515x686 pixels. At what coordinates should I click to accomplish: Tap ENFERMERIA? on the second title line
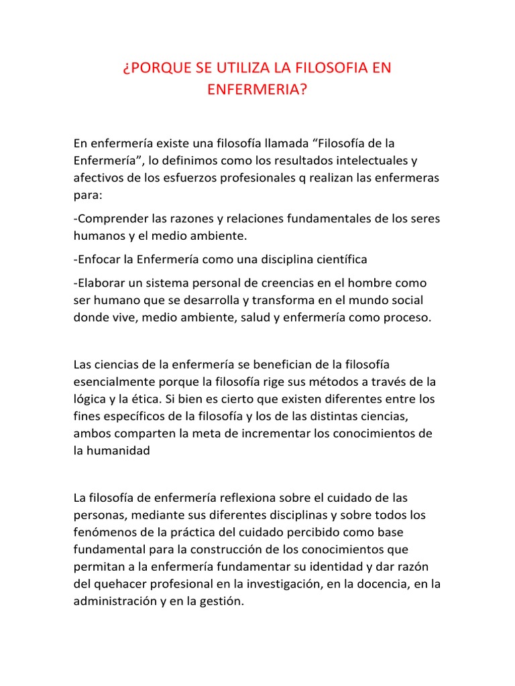coord(257,90)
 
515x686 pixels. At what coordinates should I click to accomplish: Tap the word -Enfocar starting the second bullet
coord(97,259)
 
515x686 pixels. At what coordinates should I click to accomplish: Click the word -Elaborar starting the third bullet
coord(101,283)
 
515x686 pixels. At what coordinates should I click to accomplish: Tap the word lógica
coord(90,399)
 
